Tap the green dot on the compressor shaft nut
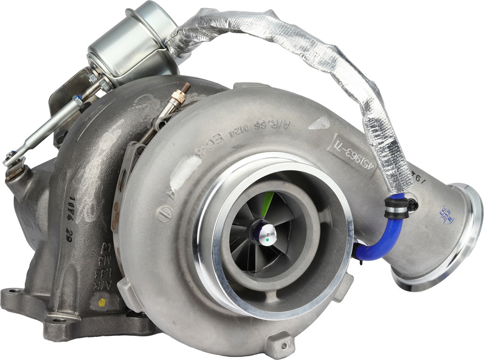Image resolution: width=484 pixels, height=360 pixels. (267, 239)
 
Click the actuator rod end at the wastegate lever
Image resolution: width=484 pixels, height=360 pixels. (13, 158)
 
